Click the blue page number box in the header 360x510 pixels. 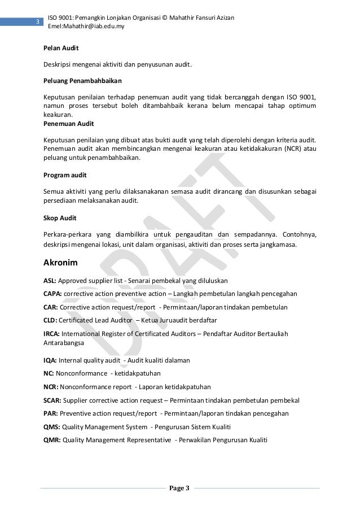point(37,22)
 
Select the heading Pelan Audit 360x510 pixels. point(61,49)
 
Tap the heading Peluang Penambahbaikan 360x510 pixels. point(82,80)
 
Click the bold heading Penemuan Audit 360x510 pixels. point(68,123)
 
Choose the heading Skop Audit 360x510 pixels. point(60,217)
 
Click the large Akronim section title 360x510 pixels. point(62,263)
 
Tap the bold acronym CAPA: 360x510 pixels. point(52,294)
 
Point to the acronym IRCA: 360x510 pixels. point(51,334)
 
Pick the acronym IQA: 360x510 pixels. point(50,360)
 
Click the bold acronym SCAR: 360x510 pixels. point(52,400)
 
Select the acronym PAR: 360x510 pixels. point(50,413)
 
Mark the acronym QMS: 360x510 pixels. point(51,426)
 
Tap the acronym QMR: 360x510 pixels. point(52,440)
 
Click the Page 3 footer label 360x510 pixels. point(180,488)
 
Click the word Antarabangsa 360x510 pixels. point(64,343)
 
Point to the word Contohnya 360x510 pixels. point(297,234)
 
